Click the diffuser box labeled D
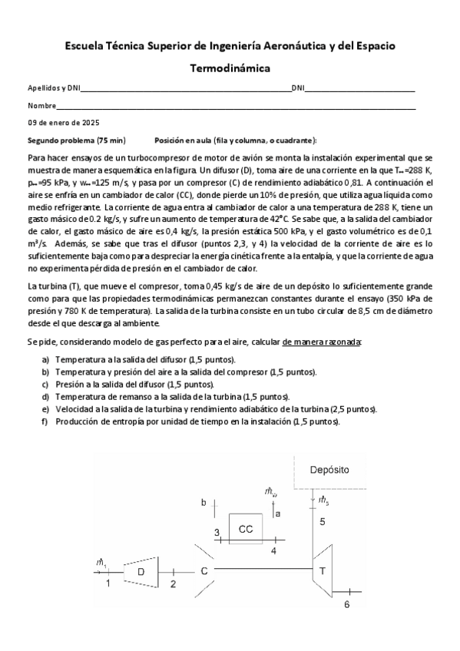pyautogui.click(x=141, y=570)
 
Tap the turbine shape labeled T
pyautogui.click(x=323, y=570)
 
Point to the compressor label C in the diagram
pyautogui.click(x=204, y=571)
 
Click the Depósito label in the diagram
pyautogui.click(x=329, y=468)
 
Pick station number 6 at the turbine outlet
pyautogui.click(x=346, y=605)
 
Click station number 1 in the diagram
pyautogui.click(x=108, y=584)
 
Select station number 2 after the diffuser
pyautogui.click(x=173, y=584)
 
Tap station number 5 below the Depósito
pyautogui.click(x=323, y=522)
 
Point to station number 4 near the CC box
pyautogui.click(x=274, y=550)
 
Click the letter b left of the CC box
pyautogui.click(x=204, y=503)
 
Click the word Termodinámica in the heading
pyautogui.click(x=230, y=68)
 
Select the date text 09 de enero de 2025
pyautogui.click(x=64, y=123)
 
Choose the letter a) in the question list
pyautogui.click(x=45, y=359)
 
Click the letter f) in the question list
pyautogui.click(x=45, y=422)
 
